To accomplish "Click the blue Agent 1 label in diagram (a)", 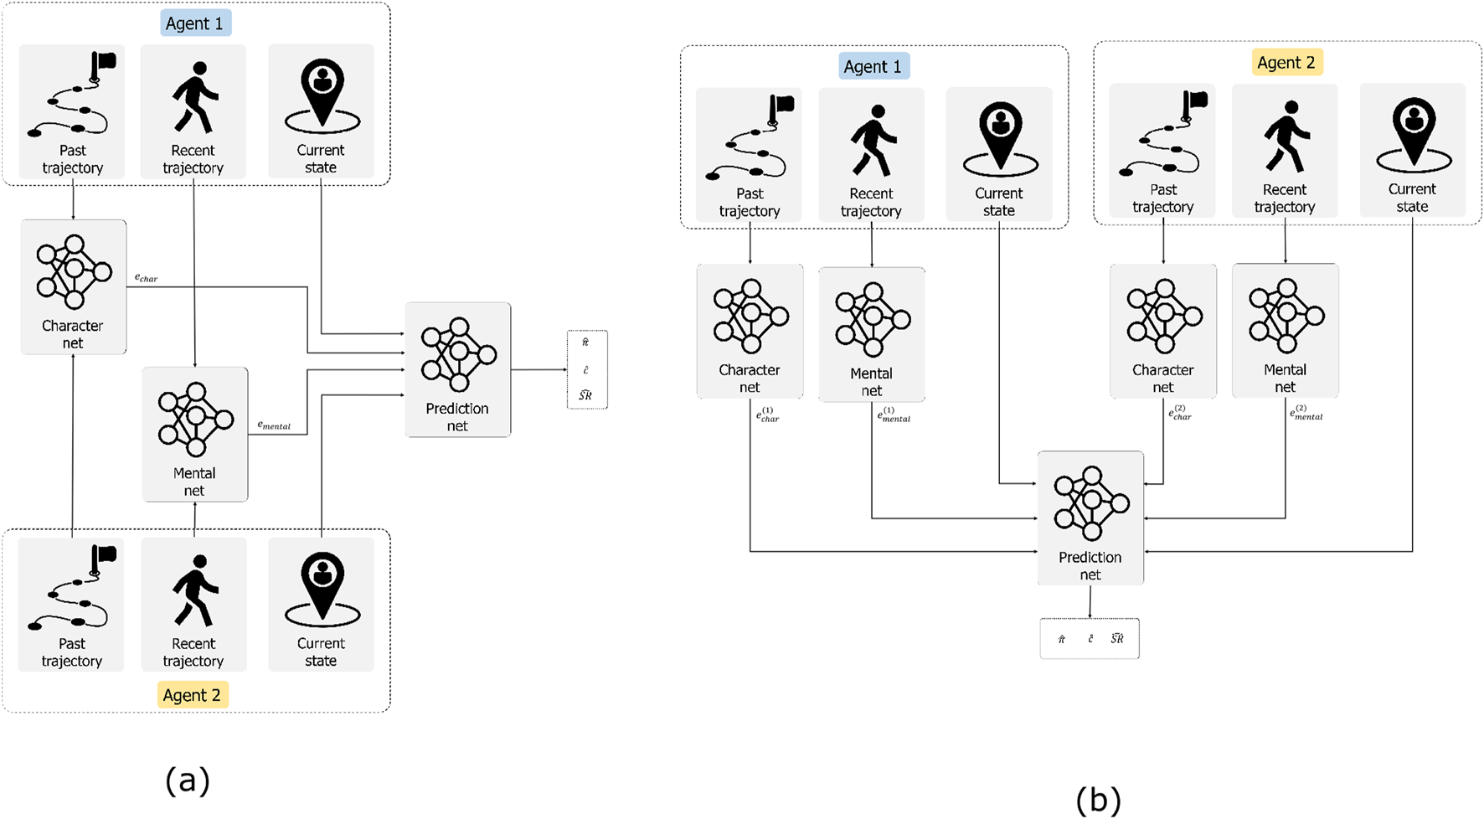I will pos(195,23).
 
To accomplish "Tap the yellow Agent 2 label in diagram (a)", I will pos(193,695).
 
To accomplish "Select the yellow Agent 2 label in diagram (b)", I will pos(1286,63).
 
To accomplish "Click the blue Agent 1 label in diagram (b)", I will pos(873,67).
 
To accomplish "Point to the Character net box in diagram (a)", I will pos(74,287).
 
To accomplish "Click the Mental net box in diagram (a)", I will pos(195,435).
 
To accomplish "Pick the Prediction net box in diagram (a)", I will pos(458,369).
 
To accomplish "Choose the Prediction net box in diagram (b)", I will pos(1090,518).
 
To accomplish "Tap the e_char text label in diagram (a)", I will pos(147,277).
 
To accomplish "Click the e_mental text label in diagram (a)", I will pos(274,425).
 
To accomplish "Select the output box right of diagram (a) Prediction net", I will pos(587,369).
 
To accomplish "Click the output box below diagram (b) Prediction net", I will pos(1089,638).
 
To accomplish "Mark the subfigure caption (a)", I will pos(188,780).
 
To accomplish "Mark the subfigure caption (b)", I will pos(1098,800).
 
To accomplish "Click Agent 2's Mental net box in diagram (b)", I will pos(1286,331).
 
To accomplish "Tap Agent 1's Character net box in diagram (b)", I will pos(750,331).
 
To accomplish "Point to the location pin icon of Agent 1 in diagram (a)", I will pos(322,96).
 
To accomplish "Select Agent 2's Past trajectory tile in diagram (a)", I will pos(72,605).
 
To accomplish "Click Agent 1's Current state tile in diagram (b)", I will pos(999,155).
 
